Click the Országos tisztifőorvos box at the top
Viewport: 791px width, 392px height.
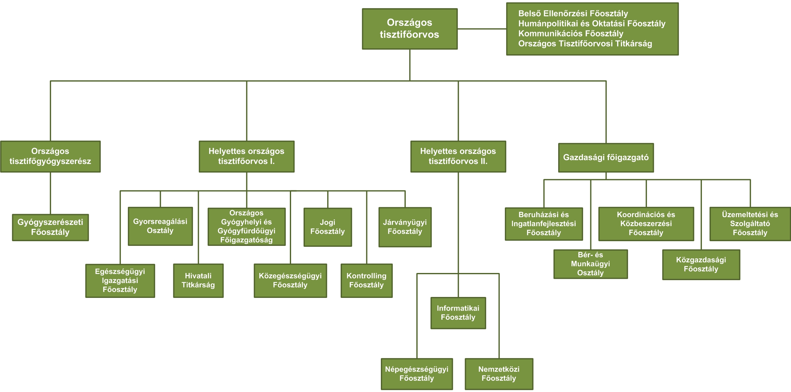(410, 29)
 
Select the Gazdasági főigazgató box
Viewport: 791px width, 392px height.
(606, 158)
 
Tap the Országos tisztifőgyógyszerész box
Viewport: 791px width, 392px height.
(50, 156)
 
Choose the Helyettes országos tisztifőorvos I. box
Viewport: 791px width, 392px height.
(247, 156)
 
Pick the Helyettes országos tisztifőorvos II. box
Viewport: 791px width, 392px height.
(458, 156)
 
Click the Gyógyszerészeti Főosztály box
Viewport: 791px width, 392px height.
(50, 227)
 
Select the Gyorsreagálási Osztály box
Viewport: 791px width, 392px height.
(160, 226)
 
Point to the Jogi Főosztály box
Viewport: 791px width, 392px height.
(328, 227)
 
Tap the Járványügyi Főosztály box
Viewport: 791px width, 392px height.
(405, 227)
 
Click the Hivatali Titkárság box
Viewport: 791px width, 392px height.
(198, 281)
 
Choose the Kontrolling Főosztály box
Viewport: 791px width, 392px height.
(367, 281)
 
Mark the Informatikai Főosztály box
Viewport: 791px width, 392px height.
(458, 313)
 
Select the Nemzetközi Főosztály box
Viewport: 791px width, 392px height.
(499, 374)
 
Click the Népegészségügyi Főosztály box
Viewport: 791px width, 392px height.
(417, 374)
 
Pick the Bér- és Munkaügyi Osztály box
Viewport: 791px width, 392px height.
(591, 264)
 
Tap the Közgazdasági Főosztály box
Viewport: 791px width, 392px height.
(701, 265)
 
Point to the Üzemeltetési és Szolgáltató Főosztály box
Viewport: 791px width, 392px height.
(750, 224)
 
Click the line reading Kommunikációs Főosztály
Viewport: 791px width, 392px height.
(571, 34)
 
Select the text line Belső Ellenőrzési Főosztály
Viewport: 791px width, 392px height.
(573, 14)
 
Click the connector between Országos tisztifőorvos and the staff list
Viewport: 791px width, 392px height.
(482, 29)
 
